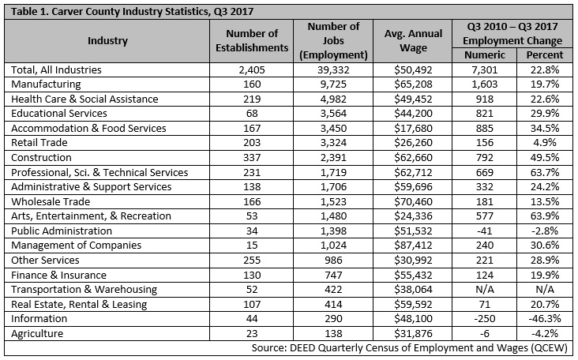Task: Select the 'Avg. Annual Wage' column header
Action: tap(413, 40)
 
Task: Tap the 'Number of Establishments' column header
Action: tap(252, 40)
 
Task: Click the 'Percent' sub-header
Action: tap(545, 55)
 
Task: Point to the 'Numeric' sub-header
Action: tap(484, 55)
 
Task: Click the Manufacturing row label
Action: tap(46, 84)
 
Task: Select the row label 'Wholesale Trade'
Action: tap(51, 201)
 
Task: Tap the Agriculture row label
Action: tap(37, 333)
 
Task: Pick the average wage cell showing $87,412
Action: tap(413, 246)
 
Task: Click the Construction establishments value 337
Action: tap(252, 158)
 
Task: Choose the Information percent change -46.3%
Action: tap(545, 319)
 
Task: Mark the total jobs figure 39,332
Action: tap(333, 70)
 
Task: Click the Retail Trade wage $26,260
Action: tap(413, 143)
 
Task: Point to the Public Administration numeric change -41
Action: tap(484, 231)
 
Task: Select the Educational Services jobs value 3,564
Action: tap(333, 114)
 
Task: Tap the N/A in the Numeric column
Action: tap(484, 290)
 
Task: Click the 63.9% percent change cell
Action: tap(545, 216)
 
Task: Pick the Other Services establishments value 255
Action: tap(252, 261)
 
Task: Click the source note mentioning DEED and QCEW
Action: tap(409, 348)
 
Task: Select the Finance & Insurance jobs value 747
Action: tap(333, 276)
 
